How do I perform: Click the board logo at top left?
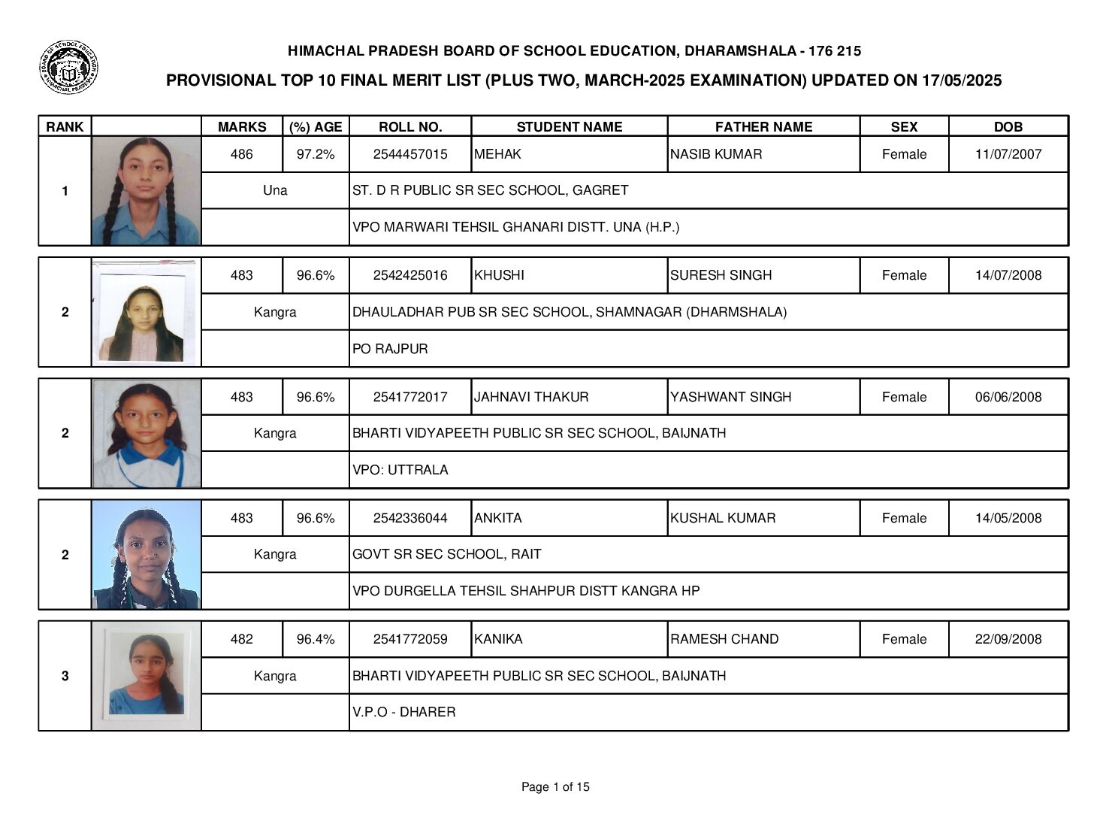point(68,68)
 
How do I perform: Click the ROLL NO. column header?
point(410,127)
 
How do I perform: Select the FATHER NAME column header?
point(763,127)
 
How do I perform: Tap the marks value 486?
point(241,154)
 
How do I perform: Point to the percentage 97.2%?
point(316,154)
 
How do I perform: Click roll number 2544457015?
point(410,154)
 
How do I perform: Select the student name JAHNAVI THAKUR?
point(531,397)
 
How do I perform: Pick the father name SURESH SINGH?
point(721,275)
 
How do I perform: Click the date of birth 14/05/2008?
point(1008,518)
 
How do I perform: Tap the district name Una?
point(275,190)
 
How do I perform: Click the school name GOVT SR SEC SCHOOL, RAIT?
point(446,554)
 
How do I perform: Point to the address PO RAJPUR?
point(390,349)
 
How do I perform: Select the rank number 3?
point(65,676)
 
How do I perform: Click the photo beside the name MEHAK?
point(146,191)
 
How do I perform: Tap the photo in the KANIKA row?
point(146,676)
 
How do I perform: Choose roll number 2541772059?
point(410,639)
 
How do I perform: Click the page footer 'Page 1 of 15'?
point(555,787)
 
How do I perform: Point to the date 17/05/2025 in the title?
point(961,81)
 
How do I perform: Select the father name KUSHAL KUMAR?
point(723,518)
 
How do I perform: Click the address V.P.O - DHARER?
point(403,712)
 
